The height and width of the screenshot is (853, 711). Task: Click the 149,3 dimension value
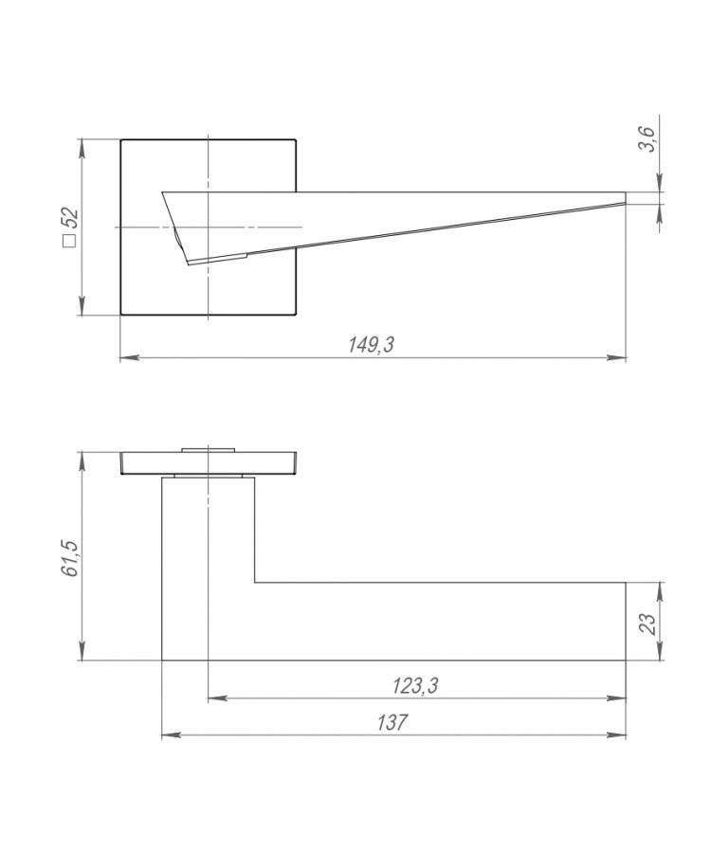coord(371,344)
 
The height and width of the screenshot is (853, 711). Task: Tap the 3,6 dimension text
coord(647,138)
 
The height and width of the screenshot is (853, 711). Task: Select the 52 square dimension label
coord(70,220)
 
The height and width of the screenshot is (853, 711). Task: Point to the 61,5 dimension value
coord(71,558)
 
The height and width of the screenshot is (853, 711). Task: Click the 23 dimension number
coord(649,624)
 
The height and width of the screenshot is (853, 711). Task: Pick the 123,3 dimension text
coord(415,686)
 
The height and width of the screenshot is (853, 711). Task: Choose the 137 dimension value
coord(392,722)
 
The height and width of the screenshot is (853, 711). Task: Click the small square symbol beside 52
coord(69,241)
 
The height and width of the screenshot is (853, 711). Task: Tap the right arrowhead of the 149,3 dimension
coord(616,357)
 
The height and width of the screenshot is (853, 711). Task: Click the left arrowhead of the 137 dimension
coord(172,735)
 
